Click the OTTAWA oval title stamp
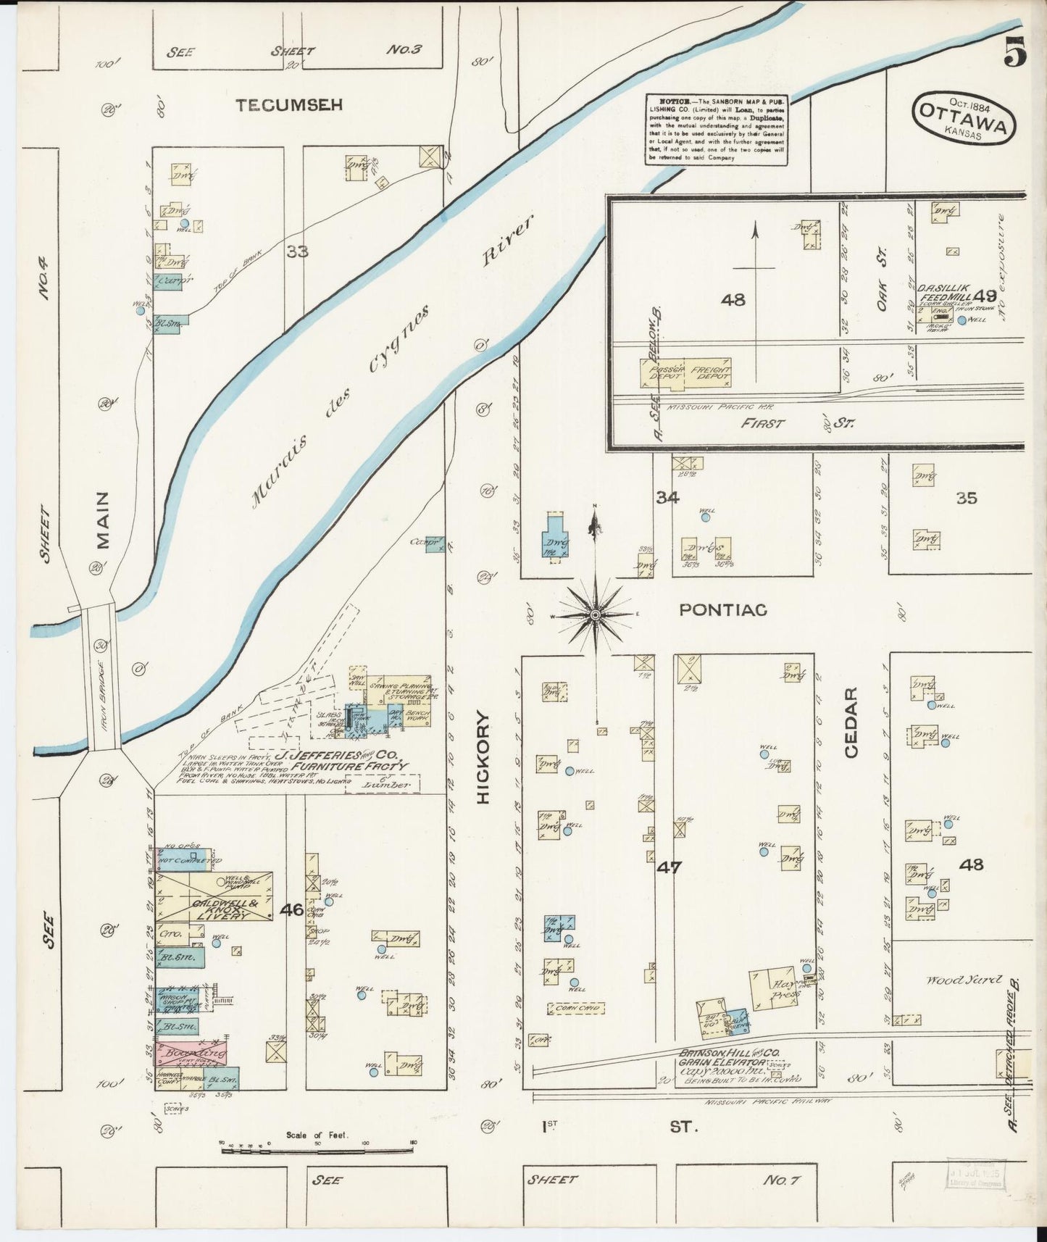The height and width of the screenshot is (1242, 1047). tap(963, 119)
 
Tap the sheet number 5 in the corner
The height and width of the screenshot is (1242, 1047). tap(1015, 51)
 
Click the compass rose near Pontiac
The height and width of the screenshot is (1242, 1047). tap(595, 614)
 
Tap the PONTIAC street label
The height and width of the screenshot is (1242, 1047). tap(722, 610)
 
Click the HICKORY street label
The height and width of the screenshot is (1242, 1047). tap(484, 757)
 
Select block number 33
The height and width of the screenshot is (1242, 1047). tap(297, 251)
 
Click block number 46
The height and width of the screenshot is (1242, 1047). tap(292, 909)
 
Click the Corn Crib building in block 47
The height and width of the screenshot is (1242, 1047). tap(576, 1008)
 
